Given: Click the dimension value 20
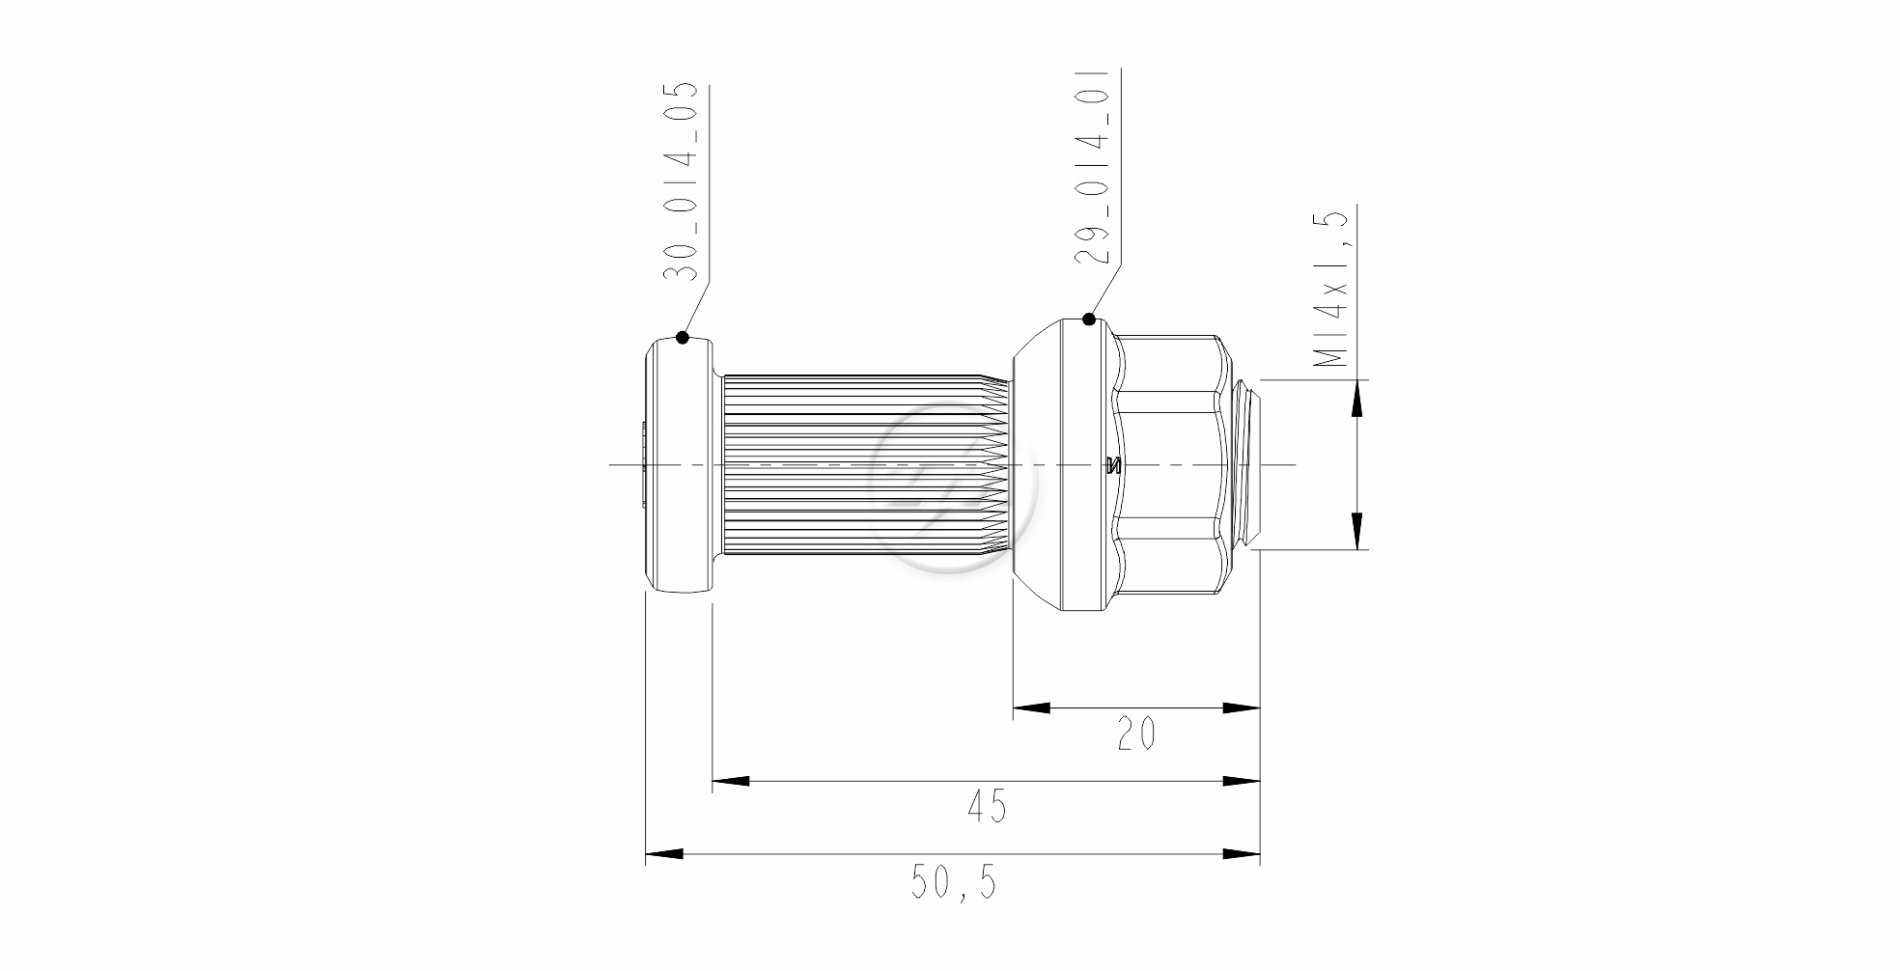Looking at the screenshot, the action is tap(1136, 735).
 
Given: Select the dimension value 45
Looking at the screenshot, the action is tap(986, 806).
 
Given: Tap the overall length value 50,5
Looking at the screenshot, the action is tap(954, 881).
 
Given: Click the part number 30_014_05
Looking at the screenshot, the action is tap(681, 181).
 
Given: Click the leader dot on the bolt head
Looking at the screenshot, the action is tap(683, 337).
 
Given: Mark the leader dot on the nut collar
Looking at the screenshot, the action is tap(1089, 319).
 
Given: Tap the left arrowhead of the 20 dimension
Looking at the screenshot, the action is tap(1031, 707).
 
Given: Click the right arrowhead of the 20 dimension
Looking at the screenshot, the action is tap(1242, 707).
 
